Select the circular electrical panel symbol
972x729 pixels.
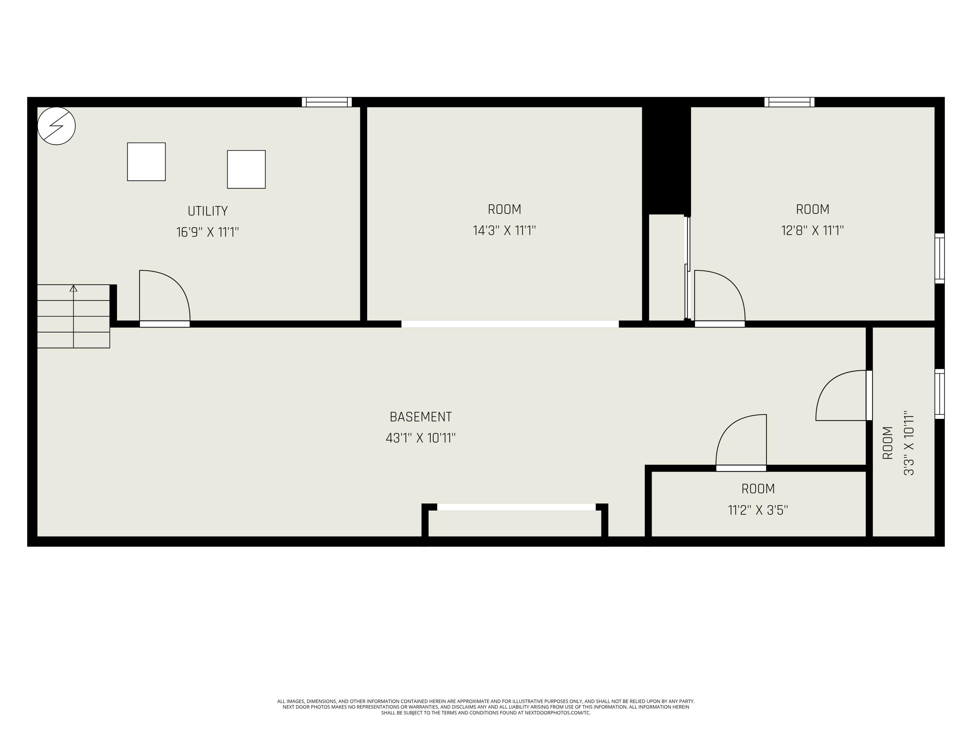tap(56, 126)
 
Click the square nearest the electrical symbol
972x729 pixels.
tap(146, 162)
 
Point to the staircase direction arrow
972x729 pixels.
tap(73, 289)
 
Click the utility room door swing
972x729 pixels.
tap(164, 295)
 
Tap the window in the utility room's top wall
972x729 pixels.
tap(327, 102)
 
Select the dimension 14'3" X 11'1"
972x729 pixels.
tap(504, 231)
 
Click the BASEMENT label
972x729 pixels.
tap(421, 417)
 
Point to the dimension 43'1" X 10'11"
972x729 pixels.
tap(421, 438)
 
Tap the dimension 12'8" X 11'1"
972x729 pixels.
tap(813, 231)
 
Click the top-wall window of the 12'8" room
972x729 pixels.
tap(789, 102)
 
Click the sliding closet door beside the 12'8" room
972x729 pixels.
tap(687, 268)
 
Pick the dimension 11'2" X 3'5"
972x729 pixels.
tap(758, 510)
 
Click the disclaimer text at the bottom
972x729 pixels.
tap(486, 707)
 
